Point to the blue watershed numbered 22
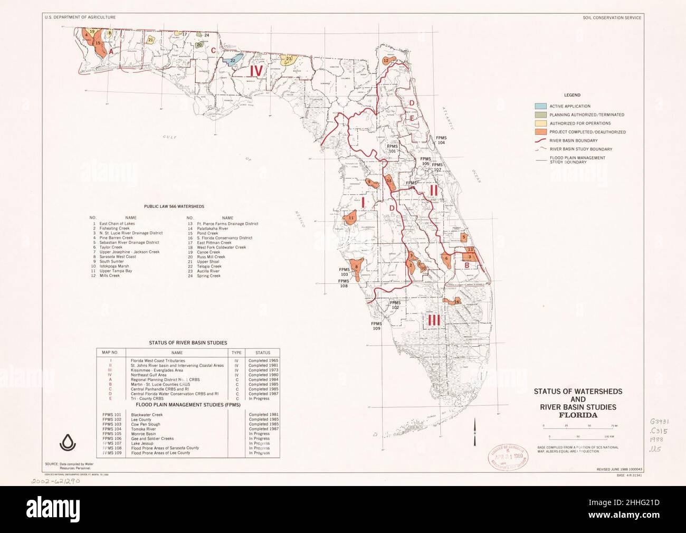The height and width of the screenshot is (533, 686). (x=232, y=60)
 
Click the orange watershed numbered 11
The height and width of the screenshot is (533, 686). (x=350, y=218)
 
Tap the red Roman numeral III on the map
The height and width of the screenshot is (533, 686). (x=434, y=319)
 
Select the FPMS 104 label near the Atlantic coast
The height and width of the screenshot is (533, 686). (x=441, y=140)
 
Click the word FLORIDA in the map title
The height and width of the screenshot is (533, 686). (x=578, y=415)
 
